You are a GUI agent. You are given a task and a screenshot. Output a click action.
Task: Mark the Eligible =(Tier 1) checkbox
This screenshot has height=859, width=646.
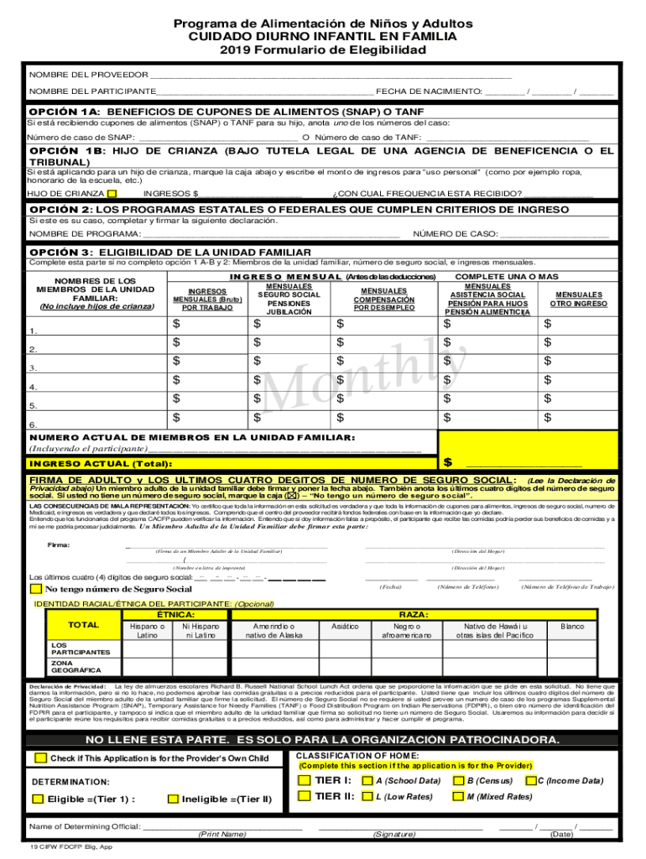point(38,799)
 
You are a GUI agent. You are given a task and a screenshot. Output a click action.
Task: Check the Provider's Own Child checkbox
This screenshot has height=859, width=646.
point(40,758)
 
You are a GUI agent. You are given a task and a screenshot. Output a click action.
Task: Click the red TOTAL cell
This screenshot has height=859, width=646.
point(83,626)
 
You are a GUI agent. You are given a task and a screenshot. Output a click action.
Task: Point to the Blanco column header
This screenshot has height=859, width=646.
point(572,626)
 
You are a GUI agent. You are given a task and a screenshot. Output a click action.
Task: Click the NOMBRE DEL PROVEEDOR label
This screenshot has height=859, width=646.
point(88,74)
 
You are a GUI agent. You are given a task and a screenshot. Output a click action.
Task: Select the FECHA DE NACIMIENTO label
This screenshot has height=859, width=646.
point(428,91)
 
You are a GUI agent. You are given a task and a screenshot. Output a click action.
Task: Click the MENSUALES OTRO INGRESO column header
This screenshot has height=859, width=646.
point(578,299)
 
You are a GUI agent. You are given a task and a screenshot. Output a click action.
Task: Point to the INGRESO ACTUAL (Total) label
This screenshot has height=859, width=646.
point(101,464)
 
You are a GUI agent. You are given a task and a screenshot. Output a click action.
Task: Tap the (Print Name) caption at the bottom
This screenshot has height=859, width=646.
point(221,835)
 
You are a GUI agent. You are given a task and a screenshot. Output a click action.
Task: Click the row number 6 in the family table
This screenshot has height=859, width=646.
point(33,424)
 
